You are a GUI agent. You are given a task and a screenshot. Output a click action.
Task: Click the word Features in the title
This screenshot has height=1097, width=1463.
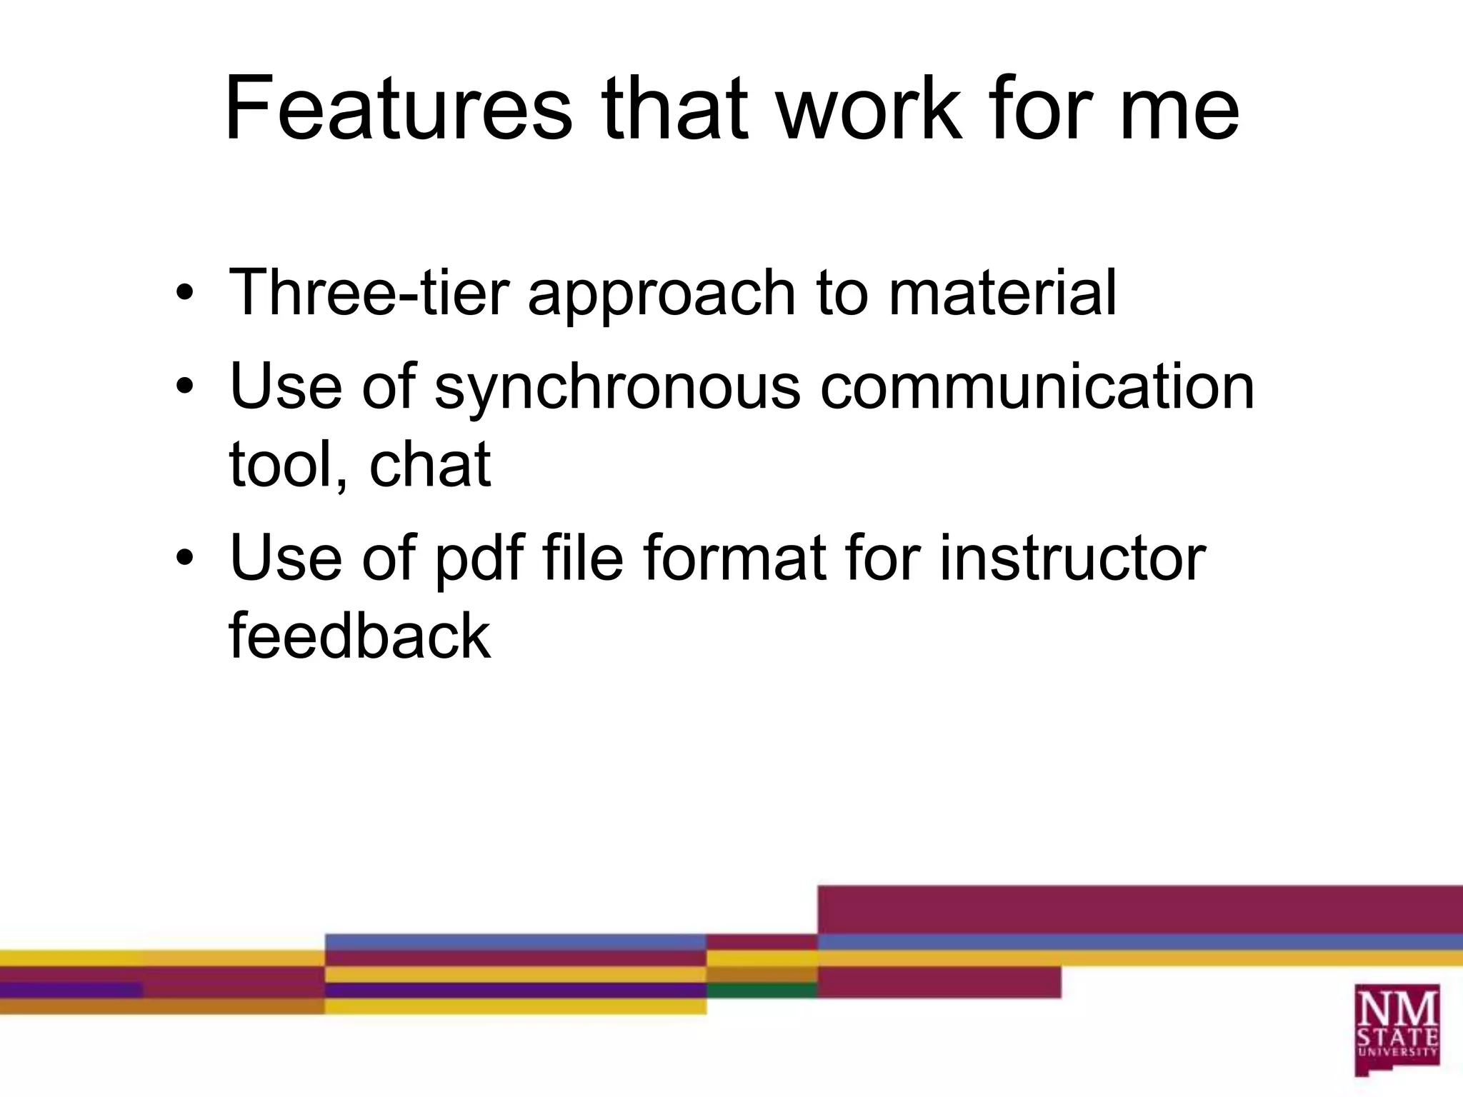[398, 109]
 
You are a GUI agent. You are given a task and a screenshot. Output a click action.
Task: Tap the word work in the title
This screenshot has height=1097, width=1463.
[869, 109]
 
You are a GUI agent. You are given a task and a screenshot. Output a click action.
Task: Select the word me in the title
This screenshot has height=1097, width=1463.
[1179, 109]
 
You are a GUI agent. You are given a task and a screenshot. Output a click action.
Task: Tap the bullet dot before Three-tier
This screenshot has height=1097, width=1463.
[185, 294]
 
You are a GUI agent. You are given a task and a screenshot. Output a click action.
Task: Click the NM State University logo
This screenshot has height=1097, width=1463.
[1397, 1030]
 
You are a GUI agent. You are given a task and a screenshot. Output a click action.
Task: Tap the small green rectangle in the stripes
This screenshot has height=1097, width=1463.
[762, 990]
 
